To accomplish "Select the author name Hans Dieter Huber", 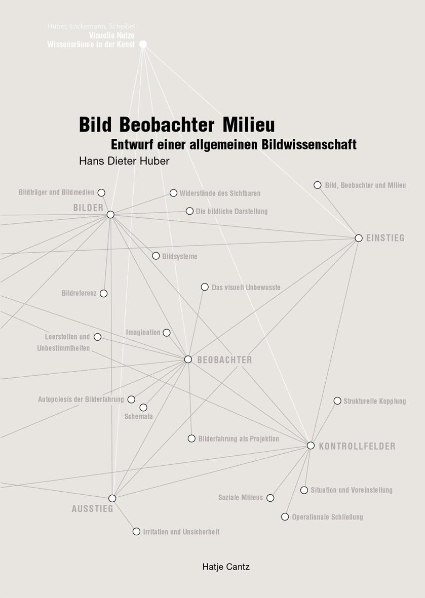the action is (x=124, y=161).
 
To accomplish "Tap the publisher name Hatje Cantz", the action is (x=226, y=567).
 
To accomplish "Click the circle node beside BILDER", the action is (x=110, y=215).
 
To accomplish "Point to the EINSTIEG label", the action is (x=385, y=238).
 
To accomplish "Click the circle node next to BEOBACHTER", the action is (x=188, y=360).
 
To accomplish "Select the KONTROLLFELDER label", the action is (x=357, y=446).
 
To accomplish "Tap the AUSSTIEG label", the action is (x=93, y=509).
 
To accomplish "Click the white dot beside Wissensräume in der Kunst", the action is (x=143, y=44).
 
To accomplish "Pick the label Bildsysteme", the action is (x=180, y=256).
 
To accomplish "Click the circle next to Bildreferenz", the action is (x=104, y=293).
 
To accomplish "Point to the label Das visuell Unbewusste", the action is (x=246, y=287).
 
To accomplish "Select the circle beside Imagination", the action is (x=167, y=333).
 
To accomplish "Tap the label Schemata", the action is (x=138, y=416).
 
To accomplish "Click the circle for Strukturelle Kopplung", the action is (x=337, y=401).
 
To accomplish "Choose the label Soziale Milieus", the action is (x=240, y=497).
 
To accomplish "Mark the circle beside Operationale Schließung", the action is (x=285, y=517).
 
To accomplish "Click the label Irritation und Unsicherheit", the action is (x=181, y=532).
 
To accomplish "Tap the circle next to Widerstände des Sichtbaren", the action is (x=174, y=193).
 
